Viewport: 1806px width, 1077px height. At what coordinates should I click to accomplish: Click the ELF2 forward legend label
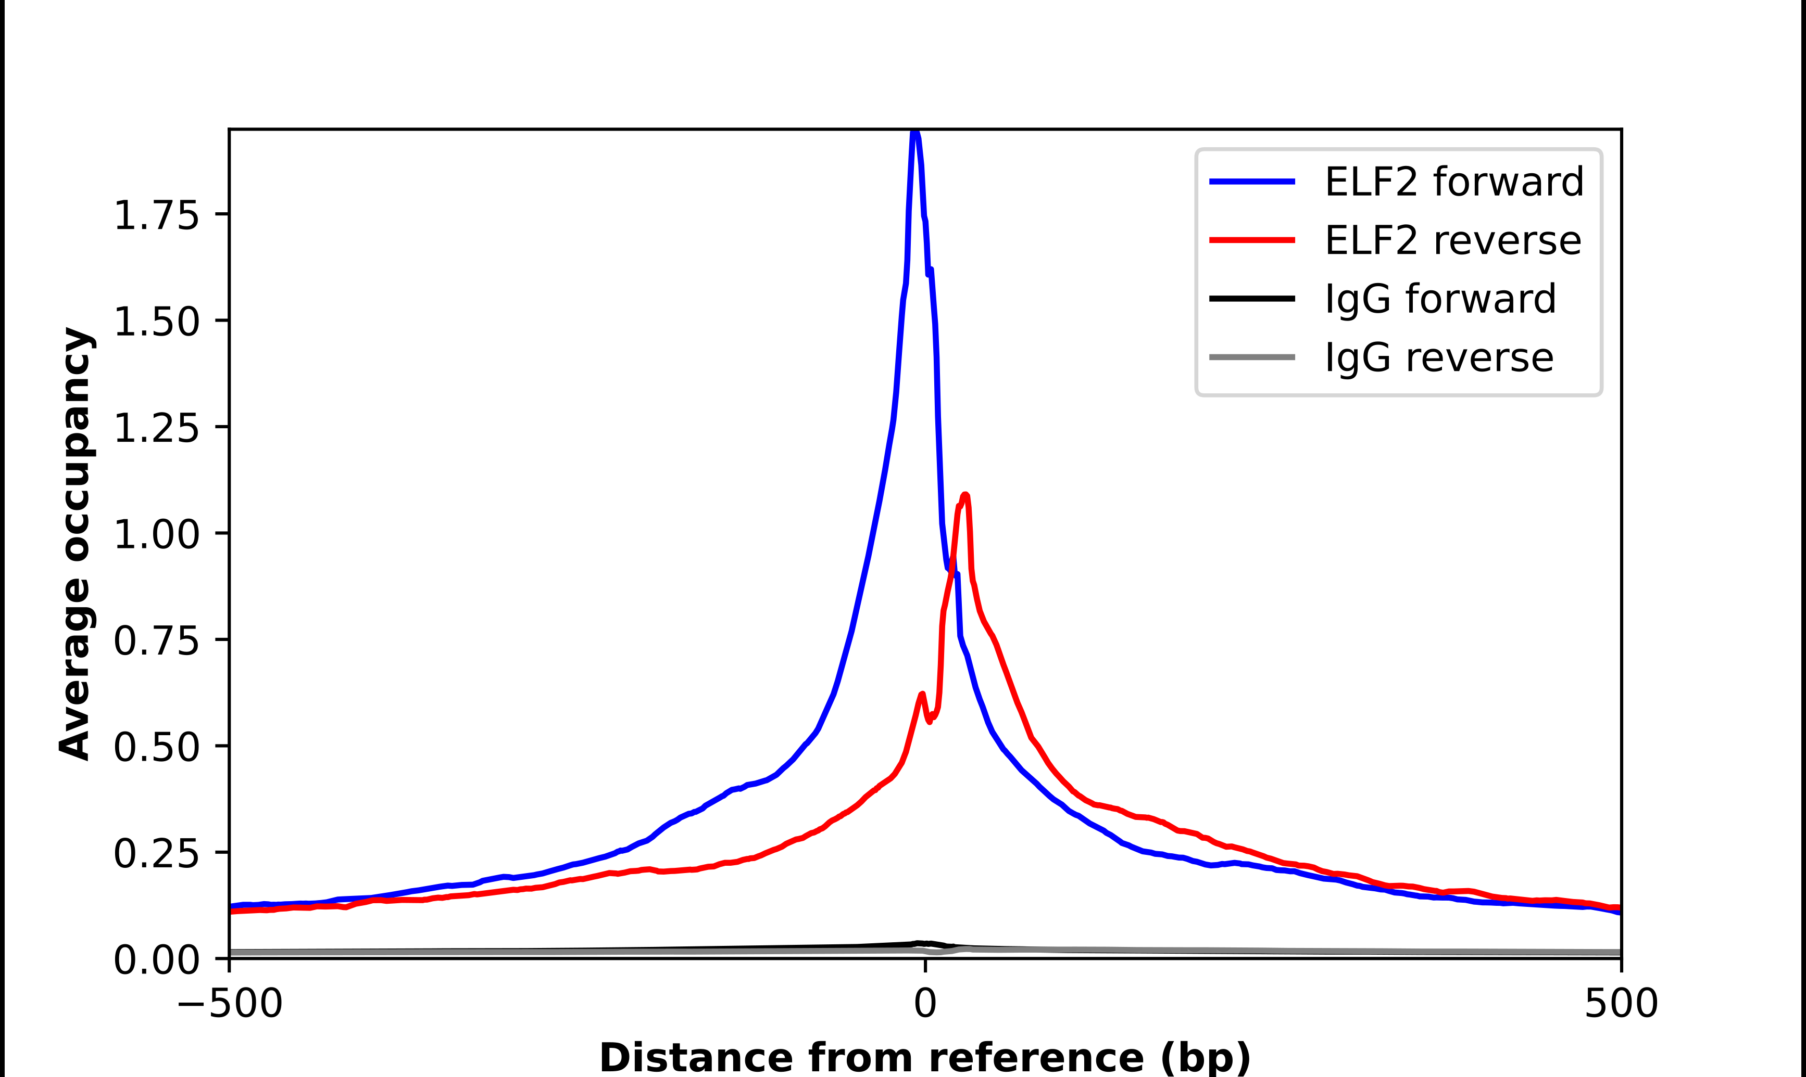click(x=1454, y=182)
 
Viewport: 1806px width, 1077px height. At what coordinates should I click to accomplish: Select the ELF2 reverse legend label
click(x=1452, y=240)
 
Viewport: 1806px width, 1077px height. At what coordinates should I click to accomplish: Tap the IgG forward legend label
click(x=1440, y=299)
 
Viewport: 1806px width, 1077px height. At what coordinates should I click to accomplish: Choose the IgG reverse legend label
click(x=1438, y=358)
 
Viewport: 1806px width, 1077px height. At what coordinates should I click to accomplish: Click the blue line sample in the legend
click(x=1252, y=182)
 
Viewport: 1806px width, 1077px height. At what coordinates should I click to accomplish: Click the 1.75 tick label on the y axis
click(x=156, y=215)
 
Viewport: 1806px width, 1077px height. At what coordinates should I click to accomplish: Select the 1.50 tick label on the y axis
click(x=156, y=322)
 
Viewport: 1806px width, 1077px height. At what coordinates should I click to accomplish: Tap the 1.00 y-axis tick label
click(x=156, y=535)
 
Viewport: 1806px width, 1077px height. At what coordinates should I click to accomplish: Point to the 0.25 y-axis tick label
click(x=156, y=853)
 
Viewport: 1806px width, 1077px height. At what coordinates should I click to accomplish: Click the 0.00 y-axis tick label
click(x=156, y=959)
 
